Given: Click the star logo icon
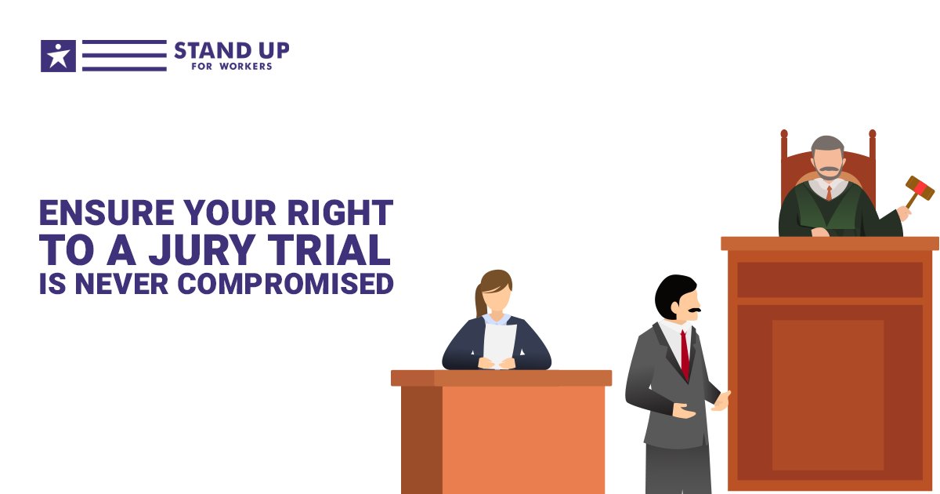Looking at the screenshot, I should tap(58, 56).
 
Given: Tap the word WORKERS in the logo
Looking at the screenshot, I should tap(248, 67).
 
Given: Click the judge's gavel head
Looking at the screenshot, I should tap(920, 188).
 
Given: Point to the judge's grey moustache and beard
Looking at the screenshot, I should tap(827, 171).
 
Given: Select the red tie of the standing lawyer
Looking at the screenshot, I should tap(685, 353).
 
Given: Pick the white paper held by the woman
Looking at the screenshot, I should tap(500, 342).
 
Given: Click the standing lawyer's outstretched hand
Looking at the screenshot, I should tap(720, 400).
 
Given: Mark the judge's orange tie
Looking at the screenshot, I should tap(829, 193).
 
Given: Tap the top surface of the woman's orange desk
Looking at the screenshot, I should tap(501, 378).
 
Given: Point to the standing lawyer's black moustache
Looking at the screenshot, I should tap(692, 311).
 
